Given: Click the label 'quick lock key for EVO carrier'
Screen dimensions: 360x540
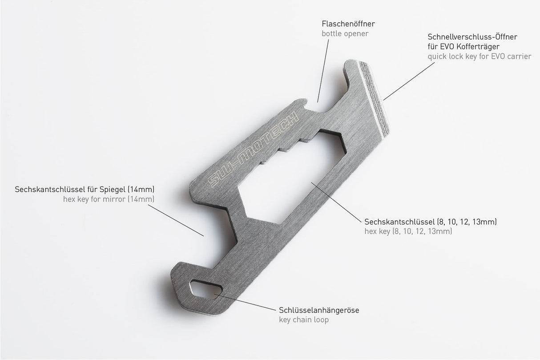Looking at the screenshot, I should click(479, 57).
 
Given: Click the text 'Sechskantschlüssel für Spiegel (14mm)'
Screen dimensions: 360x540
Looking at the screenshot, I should click(85, 189).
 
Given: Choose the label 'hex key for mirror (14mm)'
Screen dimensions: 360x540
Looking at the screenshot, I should click(109, 199).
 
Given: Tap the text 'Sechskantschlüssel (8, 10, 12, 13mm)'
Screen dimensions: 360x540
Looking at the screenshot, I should click(430, 221).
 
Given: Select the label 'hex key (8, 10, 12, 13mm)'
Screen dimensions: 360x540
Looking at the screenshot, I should click(408, 231).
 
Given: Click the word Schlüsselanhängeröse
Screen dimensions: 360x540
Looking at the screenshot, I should click(319, 310).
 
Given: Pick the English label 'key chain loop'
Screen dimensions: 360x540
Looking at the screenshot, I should click(304, 320).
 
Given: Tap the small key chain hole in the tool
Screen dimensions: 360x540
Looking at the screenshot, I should click(205, 288).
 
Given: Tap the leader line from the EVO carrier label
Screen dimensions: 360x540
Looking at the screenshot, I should click(409, 80).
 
